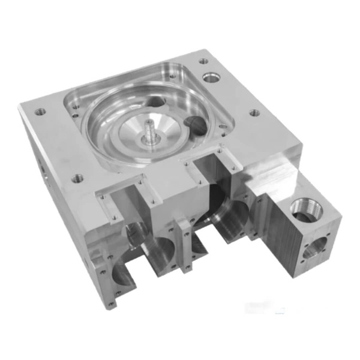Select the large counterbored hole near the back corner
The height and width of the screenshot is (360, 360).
(211, 77)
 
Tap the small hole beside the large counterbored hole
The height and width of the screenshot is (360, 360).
(203, 61)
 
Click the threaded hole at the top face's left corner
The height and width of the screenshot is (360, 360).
(41, 112)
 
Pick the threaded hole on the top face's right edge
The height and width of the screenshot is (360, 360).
(254, 112)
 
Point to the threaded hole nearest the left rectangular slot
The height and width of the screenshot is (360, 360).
(77, 178)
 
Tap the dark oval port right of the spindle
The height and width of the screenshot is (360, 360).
(196, 124)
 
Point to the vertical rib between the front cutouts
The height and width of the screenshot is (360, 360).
(184, 246)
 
